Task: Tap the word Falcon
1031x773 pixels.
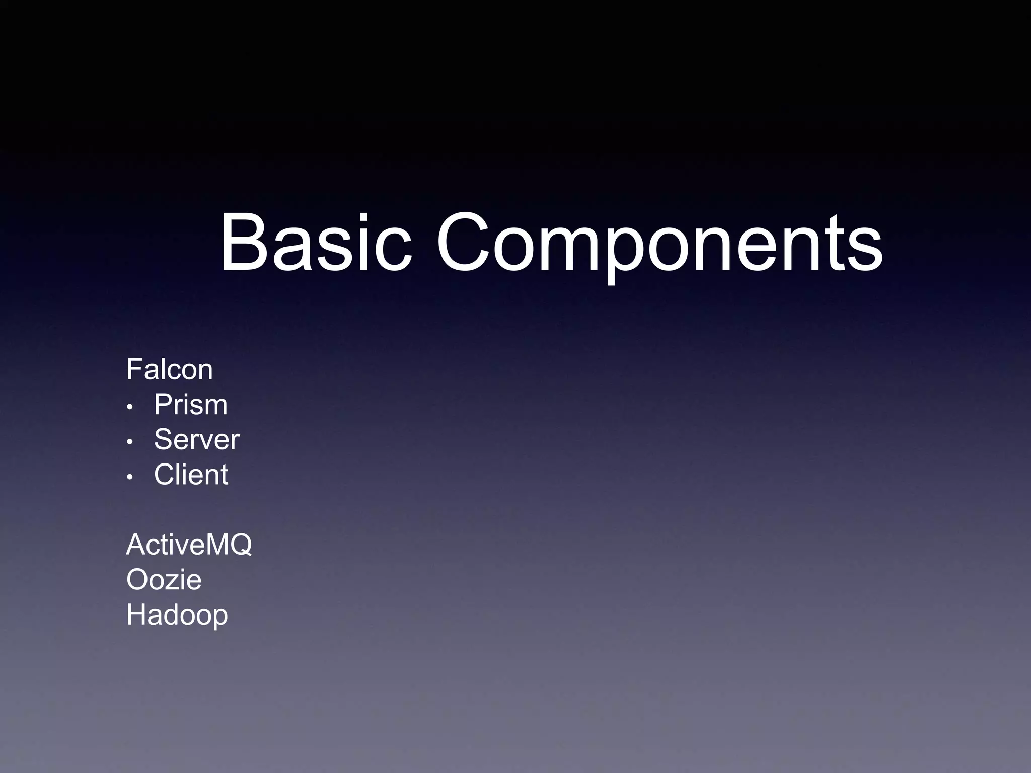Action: click(x=170, y=369)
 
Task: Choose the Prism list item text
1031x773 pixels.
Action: click(x=191, y=404)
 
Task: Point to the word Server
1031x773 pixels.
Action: click(x=197, y=439)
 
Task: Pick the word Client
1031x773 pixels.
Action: click(x=191, y=474)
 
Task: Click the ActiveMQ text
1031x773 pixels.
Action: click(x=189, y=545)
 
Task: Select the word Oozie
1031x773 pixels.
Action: click(x=164, y=579)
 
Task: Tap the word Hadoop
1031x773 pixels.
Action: click(x=177, y=614)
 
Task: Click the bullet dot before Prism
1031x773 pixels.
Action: click(x=130, y=407)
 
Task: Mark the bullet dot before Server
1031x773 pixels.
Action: click(x=130, y=442)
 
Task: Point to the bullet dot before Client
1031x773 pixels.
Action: click(x=130, y=477)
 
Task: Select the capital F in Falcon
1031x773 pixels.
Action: click(x=133, y=369)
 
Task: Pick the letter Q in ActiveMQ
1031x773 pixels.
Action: click(x=241, y=545)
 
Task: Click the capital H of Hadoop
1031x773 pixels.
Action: click(x=136, y=614)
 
